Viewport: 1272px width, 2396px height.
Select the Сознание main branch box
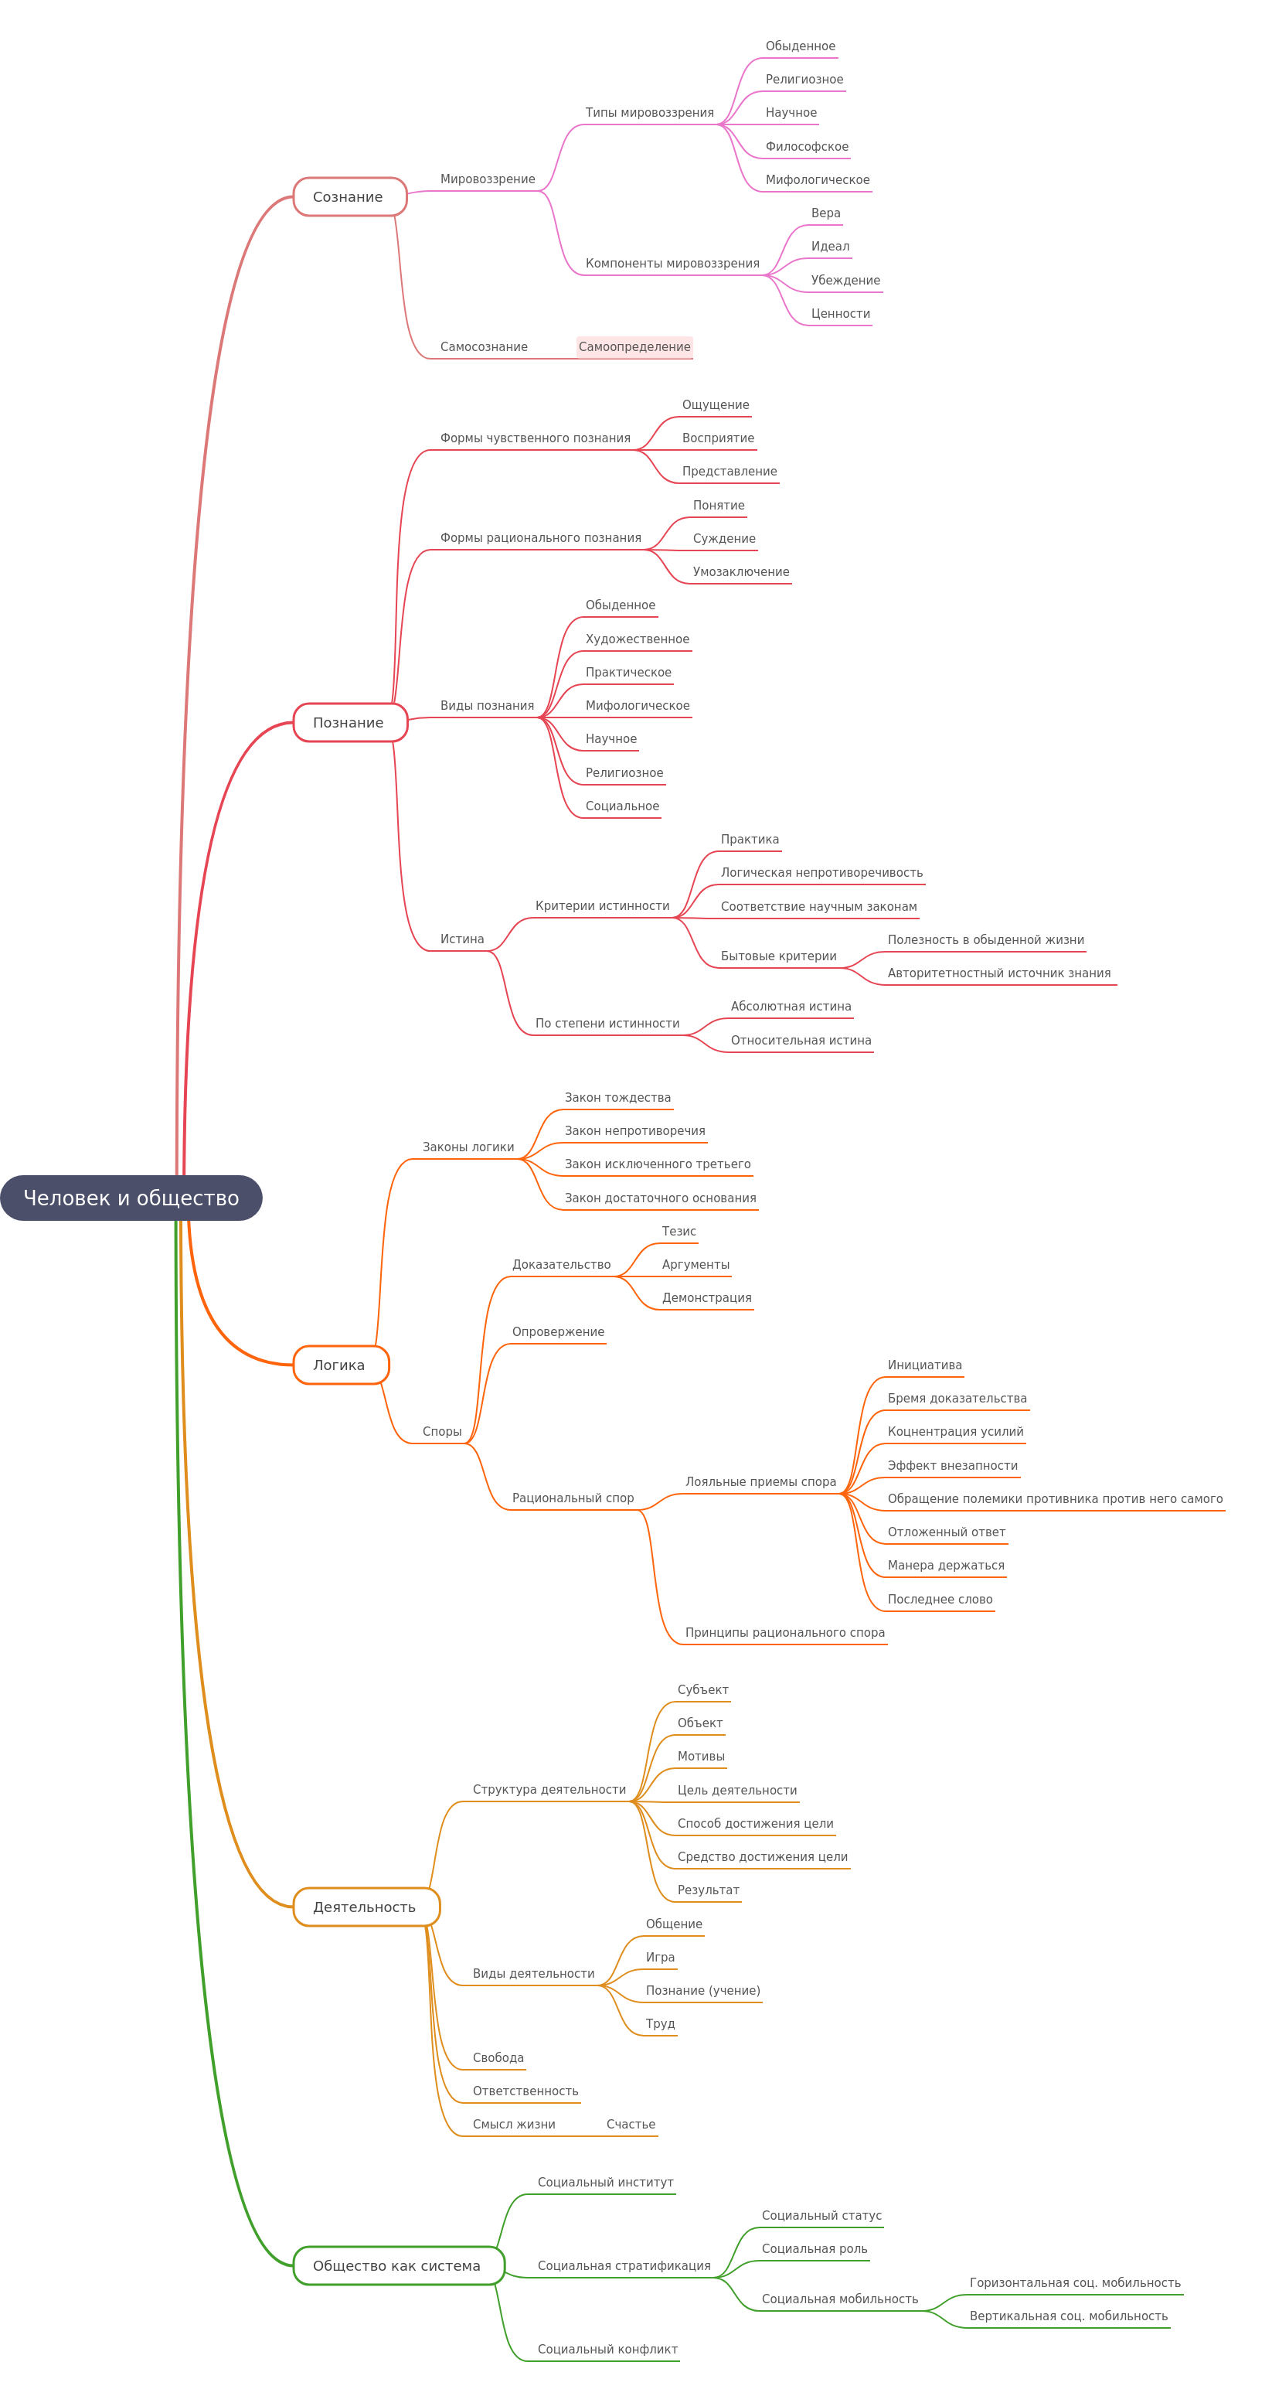click(x=349, y=196)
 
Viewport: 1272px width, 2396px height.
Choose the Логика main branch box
click(x=340, y=1365)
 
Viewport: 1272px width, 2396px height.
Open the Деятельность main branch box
click(x=366, y=1907)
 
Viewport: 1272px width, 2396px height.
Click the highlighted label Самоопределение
click(x=634, y=347)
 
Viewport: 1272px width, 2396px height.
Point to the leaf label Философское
click(x=806, y=146)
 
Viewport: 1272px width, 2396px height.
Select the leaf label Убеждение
click(x=845, y=280)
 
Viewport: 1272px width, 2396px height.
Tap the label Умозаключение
click(x=741, y=572)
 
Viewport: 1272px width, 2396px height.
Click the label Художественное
click(x=637, y=639)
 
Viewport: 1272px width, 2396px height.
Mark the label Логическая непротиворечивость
click(x=822, y=872)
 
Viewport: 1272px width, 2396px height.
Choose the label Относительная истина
click(x=801, y=1040)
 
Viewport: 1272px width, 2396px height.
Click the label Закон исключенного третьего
click(x=658, y=1164)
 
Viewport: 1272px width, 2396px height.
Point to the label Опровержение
click(x=558, y=1332)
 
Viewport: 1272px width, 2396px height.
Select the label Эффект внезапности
click(x=952, y=1465)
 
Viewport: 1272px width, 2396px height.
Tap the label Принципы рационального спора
click(x=785, y=1632)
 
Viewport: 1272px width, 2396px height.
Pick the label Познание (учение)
click(x=703, y=1990)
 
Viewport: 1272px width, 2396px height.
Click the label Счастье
click(x=631, y=2125)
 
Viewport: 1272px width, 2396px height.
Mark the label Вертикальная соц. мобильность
click(x=1068, y=2316)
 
